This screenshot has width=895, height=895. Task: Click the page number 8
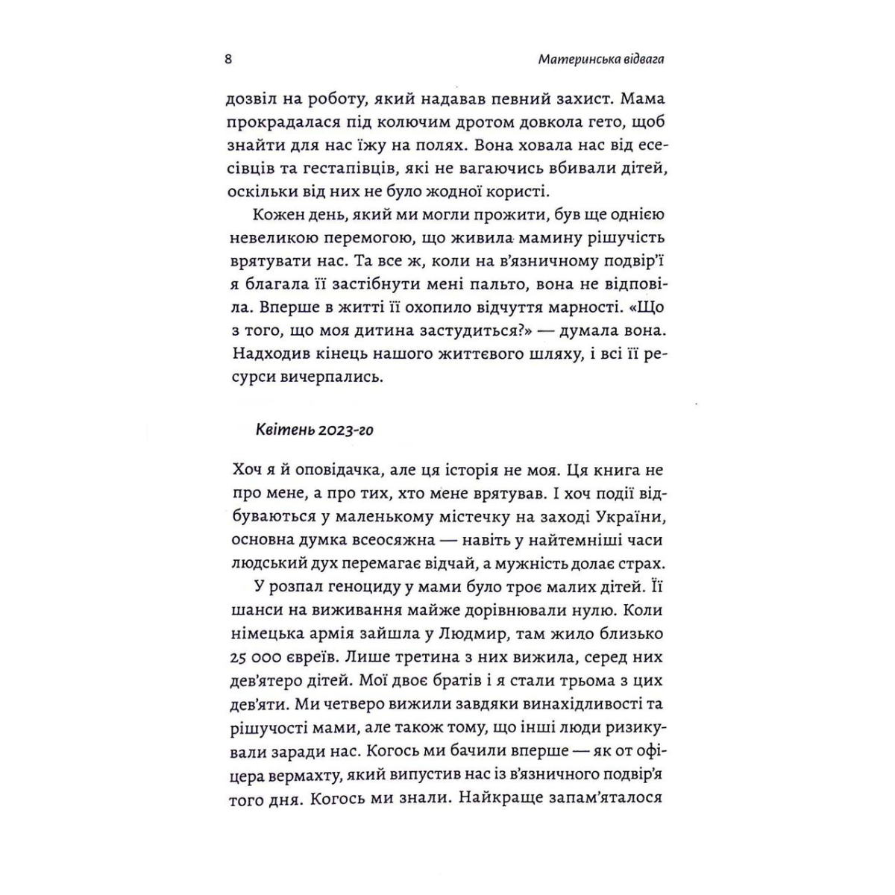coord(228,60)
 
